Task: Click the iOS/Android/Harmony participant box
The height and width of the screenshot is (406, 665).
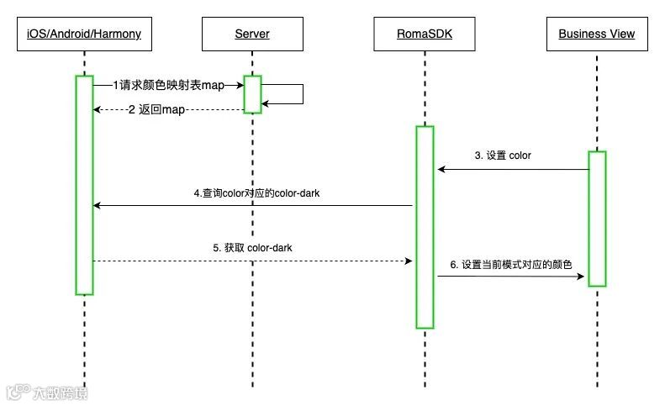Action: [x=84, y=34]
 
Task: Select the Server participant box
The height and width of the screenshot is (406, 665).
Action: [x=252, y=34]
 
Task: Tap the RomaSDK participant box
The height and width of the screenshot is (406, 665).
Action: [x=425, y=34]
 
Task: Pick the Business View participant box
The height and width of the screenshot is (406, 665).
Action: [x=597, y=34]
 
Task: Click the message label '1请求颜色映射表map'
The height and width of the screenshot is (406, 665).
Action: [x=168, y=85]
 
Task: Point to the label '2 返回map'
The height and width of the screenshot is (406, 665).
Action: [x=156, y=110]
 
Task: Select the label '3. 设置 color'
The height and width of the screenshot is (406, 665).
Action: [x=503, y=156]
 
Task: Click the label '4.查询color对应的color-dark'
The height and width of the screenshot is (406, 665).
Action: [x=256, y=193]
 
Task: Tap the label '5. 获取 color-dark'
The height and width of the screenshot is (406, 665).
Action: [x=252, y=248]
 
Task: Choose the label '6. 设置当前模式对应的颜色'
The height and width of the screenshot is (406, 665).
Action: [x=510, y=264]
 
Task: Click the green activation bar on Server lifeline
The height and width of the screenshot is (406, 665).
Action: [x=252, y=94]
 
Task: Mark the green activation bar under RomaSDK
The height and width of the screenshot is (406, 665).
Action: [x=425, y=227]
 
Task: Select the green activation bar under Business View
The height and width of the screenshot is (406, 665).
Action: [x=597, y=219]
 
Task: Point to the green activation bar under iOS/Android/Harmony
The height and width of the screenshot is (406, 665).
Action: [x=84, y=185]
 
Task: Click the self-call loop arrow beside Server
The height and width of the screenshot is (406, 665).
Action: [x=301, y=94]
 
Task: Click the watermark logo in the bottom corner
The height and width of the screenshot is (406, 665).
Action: [x=46, y=392]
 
